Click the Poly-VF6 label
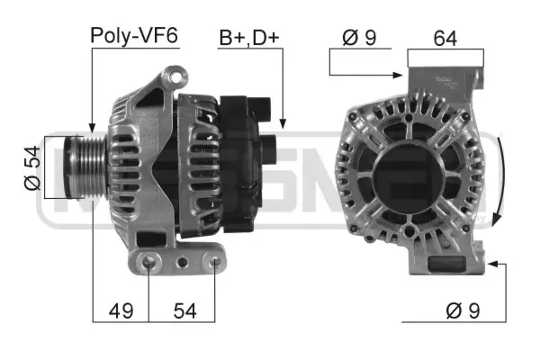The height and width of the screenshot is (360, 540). click(x=134, y=36)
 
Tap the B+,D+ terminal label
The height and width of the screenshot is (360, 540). click(x=249, y=38)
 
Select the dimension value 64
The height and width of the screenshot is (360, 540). click(x=445, y=38)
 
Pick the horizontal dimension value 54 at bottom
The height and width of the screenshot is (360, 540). click(x=184, y=310)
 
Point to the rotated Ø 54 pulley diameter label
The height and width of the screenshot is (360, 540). click(x=32, y=168)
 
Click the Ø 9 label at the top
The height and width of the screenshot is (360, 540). click(x=359, y=37)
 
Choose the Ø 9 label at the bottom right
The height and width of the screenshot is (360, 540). click(x=463, y=310)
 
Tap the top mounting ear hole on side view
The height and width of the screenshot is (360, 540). click(x=175, y=77)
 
